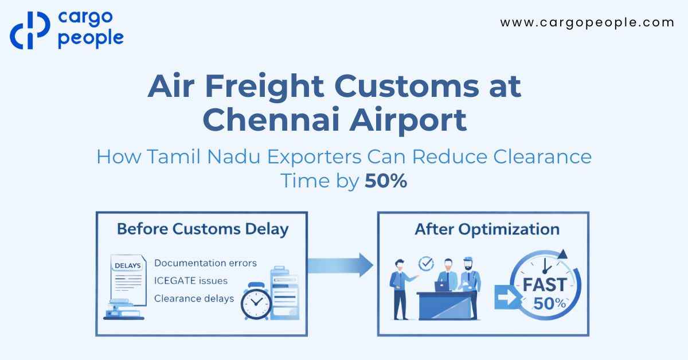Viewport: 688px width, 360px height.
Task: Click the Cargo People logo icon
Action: [x=30, y=30]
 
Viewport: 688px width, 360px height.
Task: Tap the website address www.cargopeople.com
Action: [x=587, y=23]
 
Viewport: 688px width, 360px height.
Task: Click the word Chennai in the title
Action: [x=271, y=120]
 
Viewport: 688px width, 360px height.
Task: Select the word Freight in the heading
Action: [x=264, y=87]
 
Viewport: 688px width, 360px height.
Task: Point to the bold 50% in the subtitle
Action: [x=386, y=181]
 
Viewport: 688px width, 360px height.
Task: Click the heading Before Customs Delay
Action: [x=203, y=229]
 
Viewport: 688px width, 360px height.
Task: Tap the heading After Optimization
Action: [x=487, y=229]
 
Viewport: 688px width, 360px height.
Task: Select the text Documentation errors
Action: [x=205, y=263]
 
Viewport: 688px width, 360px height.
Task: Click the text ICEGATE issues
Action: [x=191, y=281]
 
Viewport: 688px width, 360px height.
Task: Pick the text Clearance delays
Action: [x=194, y=298]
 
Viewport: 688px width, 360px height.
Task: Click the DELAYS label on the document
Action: [x=128, y=265]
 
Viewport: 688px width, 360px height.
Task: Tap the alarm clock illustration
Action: [x=256, y=301]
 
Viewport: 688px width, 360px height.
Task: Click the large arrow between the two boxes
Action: [x=341, y=265]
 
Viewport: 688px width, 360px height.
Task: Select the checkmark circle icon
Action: [x=427, y=263]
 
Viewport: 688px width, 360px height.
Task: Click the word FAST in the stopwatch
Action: [x=545, y=285]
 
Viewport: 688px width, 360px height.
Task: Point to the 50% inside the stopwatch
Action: [x=549, y=304]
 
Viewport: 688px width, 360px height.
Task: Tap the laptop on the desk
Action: [x=441, y=286]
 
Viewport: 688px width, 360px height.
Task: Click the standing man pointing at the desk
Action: [x=401, y=289]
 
